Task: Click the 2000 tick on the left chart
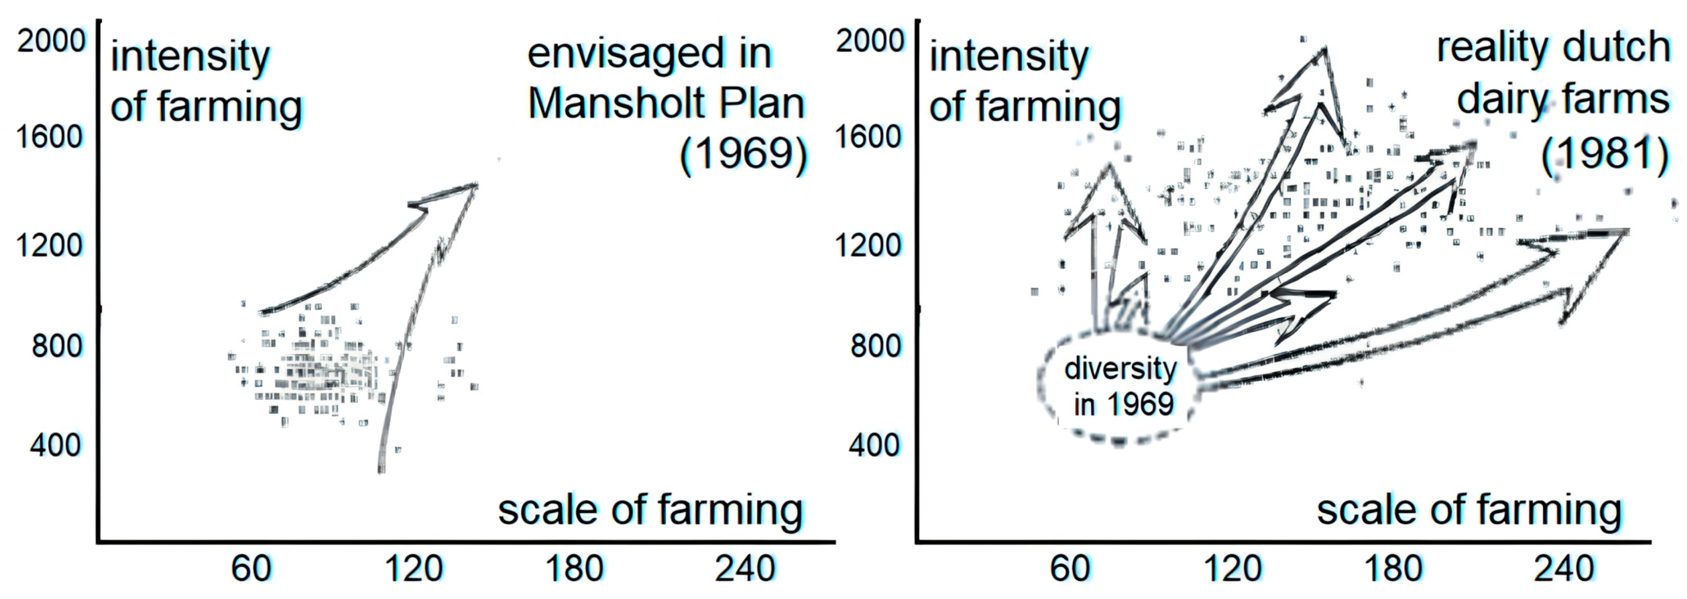[x=51, y=41]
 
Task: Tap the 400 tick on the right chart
[x=874, y=445]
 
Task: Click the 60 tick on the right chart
[x=1070, y=568]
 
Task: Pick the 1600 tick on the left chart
[x=50, y=137]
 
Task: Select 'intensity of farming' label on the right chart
[x=1025, y=82]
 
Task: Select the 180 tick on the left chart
[x=575, y=568]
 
